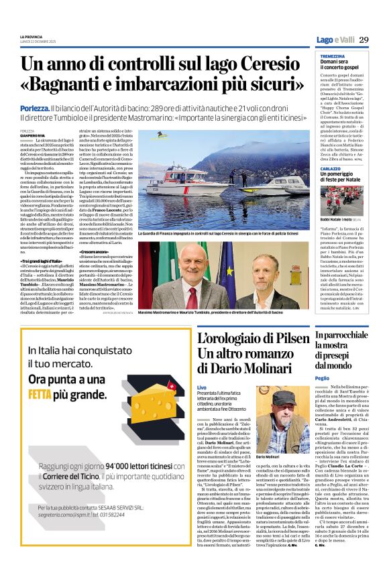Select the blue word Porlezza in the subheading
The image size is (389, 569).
(34, 108)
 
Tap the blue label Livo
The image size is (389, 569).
(202, 389)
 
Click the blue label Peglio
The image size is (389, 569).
(322, 378)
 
